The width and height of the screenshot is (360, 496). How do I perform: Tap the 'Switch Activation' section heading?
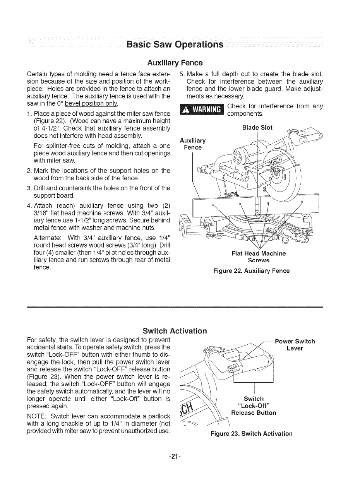click(x=175, y=331)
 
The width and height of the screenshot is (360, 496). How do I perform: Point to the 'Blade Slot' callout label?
click(x=257, y=127)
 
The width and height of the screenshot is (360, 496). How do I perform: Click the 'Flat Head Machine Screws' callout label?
click(x=258, y=257)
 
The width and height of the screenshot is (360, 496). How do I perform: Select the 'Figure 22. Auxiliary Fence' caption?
click(x=252, y=271)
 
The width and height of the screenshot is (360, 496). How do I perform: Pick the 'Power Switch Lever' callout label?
click(x=295, y=344)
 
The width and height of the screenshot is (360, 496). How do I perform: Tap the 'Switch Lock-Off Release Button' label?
click(x=254, y=405)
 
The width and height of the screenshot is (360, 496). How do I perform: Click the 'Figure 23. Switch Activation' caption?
click(x=251, y=433)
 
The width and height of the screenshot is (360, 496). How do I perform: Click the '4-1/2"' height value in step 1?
click(x=50, y=128)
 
